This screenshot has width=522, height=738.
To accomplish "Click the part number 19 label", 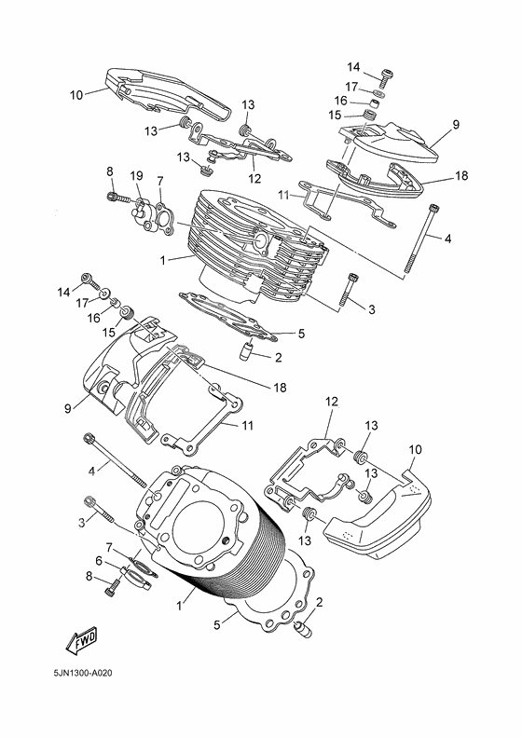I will pos(136,175).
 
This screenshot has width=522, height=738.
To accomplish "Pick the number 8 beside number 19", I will pos(109,171).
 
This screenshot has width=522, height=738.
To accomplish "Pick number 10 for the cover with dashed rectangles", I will pos(416,449).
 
